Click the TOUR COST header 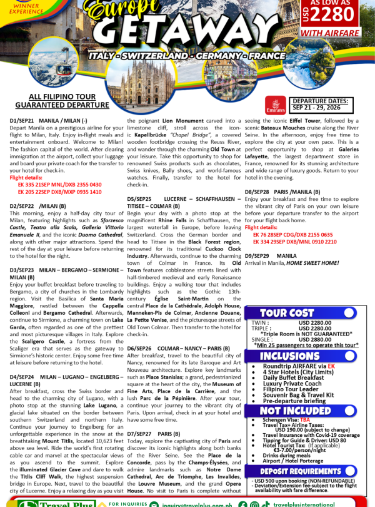pyautogui.click(x=286, y=313)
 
